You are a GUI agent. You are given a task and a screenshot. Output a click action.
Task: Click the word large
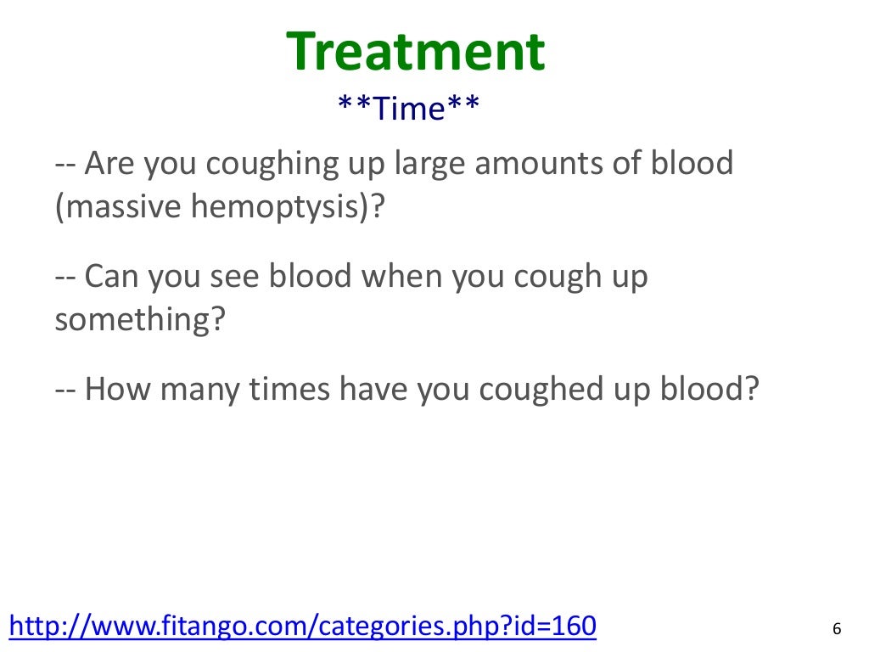pos(427,163)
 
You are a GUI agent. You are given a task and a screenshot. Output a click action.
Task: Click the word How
pos(116,391)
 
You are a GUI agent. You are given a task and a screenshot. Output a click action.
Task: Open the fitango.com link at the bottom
pos(301,627)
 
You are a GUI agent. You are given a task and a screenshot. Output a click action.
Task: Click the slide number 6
pos(837,629)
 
